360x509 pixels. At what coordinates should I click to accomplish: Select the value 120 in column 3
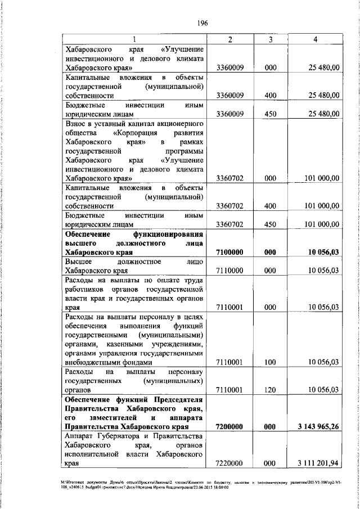click(270, 389)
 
